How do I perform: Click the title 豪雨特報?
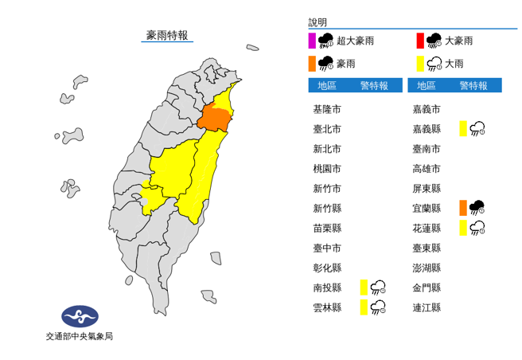[167, 35]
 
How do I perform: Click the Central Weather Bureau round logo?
[79, 317]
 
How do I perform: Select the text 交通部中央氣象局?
[79, 337]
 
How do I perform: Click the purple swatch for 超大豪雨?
[312, 41]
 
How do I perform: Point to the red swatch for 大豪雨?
[419, 41]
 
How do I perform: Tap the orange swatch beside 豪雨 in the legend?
[312, 63]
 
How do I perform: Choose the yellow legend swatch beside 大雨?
[419, 63]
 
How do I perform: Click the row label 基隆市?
[327, 109]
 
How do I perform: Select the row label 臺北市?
[327, 129]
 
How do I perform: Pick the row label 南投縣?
[327, 288]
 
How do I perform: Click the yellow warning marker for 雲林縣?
[363, 307]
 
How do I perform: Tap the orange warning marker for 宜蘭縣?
[462, 208]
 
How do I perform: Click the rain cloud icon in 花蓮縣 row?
[477, 228]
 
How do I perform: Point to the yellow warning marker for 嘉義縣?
[462, 129]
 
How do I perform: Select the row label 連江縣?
[427, 307]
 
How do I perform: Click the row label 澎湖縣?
[427, 268]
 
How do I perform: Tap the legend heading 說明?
[317, 22]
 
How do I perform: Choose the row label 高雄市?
[427, 169]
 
